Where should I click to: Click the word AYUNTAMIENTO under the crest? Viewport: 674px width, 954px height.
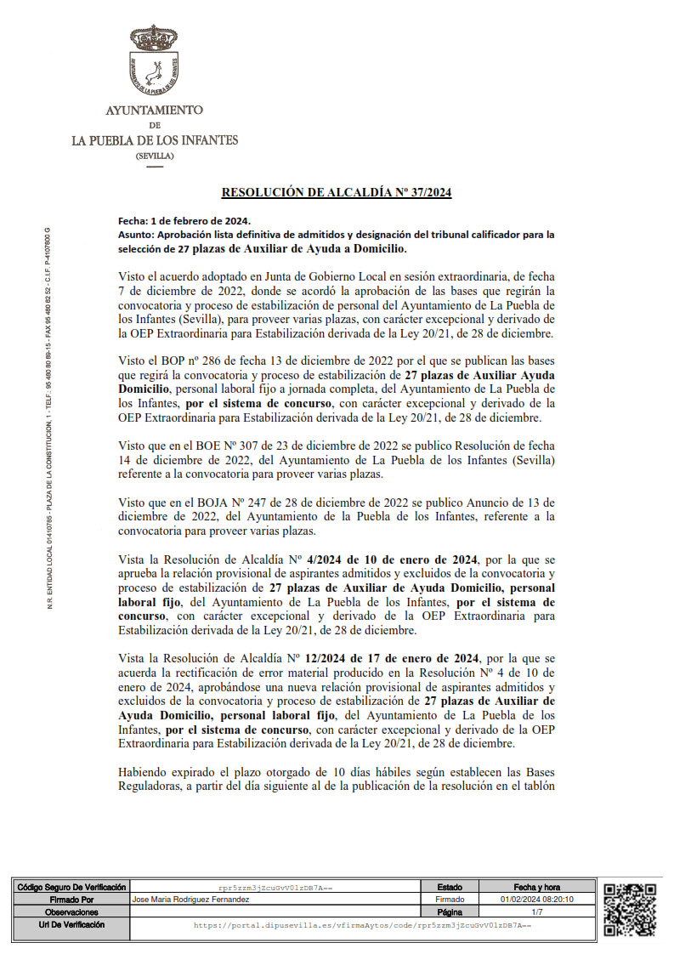click(154, 111)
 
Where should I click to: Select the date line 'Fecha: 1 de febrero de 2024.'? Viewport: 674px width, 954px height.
click(178, 220)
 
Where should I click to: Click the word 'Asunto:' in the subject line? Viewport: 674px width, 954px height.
click(136, 235)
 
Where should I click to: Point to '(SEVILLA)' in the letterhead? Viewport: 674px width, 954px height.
click(154, 156)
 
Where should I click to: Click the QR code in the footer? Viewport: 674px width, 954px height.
click(629, 908)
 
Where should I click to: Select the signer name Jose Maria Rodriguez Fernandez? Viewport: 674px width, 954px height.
click(191, 899)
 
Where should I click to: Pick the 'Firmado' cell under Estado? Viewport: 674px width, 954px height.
click(450, 899)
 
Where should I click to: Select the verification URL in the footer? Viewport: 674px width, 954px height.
click(362, 923)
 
